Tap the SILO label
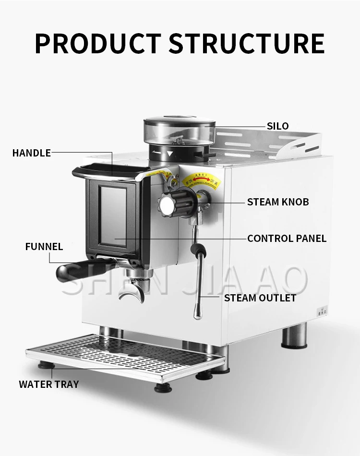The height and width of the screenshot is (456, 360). [x=278, y=126]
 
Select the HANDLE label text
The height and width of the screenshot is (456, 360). [x=31, y=153]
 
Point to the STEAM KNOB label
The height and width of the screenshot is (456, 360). [x=278, y=202]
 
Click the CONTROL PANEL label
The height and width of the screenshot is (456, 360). [x=287, y=238]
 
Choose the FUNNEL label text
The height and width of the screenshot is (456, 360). [x=44, y=247]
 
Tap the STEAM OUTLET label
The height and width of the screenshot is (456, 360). [x=260, y=298]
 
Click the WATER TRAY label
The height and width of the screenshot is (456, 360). [x=49, y=384]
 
